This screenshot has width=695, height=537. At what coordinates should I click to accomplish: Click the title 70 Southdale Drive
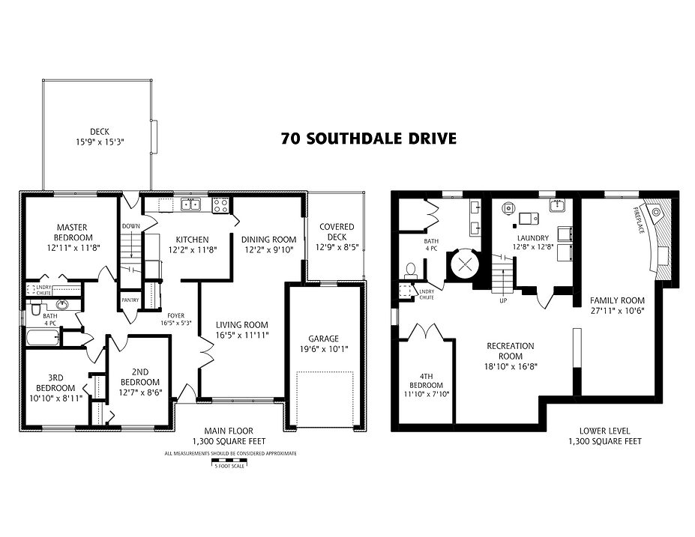pyautogui.click(x=368, y=139)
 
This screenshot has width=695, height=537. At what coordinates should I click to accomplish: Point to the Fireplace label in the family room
pyautogui.click(x=640, y=219)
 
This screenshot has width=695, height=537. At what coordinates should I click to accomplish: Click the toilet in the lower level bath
pyautogui.click(x=410, y=270)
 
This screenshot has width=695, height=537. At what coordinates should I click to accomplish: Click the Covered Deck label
pyautogui.click(x=337, y=232)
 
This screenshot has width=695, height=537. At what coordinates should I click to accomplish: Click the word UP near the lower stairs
pyautogui.click(x=504, y=301)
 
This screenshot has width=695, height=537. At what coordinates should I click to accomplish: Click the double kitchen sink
pyautogui.click(x=190, y=204)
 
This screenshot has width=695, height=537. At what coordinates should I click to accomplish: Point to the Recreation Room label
pyautogui.click(x=510, y=351)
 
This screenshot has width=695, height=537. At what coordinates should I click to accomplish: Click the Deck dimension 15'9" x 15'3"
pyautogui.click(x=99, y=141)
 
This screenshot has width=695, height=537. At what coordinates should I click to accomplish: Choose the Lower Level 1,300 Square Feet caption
pyautogui.click(x=604, y=436)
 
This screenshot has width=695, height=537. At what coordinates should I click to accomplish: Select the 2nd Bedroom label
pyautogui.click(x=140, y=376)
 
